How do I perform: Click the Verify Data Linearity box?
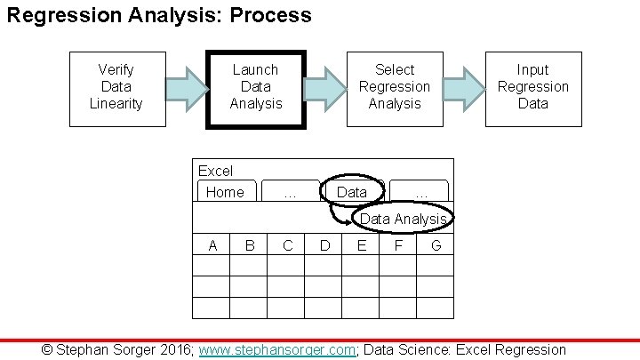116,87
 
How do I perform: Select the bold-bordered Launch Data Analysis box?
255,87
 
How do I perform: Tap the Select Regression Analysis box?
394,87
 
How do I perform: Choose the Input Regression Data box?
532,87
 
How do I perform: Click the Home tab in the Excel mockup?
225,192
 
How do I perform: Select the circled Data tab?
351,192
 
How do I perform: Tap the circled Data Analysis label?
403,219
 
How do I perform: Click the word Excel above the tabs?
215,171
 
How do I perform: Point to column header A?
212,245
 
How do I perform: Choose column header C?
287,245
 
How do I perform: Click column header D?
324,245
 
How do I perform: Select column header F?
398,245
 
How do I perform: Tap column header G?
436,245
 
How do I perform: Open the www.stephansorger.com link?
277,350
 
